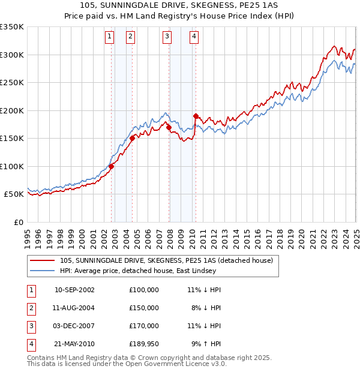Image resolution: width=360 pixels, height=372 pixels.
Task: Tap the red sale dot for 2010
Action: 196,116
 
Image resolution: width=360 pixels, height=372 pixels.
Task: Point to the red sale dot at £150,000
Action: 132,138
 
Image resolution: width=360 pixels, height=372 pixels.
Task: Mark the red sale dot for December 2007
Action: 169,127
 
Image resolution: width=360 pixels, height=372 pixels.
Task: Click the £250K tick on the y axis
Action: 12,83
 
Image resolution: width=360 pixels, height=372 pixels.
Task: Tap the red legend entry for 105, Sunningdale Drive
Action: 166,260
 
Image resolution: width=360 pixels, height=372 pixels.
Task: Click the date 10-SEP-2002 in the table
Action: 74,289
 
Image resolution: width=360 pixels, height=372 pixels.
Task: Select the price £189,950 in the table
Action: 143,344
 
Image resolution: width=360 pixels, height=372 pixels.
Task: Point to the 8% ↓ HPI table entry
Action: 206,307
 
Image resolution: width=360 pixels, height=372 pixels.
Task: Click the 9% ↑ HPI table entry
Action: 206,344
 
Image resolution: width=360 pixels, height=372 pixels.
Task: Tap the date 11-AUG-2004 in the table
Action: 74,307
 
